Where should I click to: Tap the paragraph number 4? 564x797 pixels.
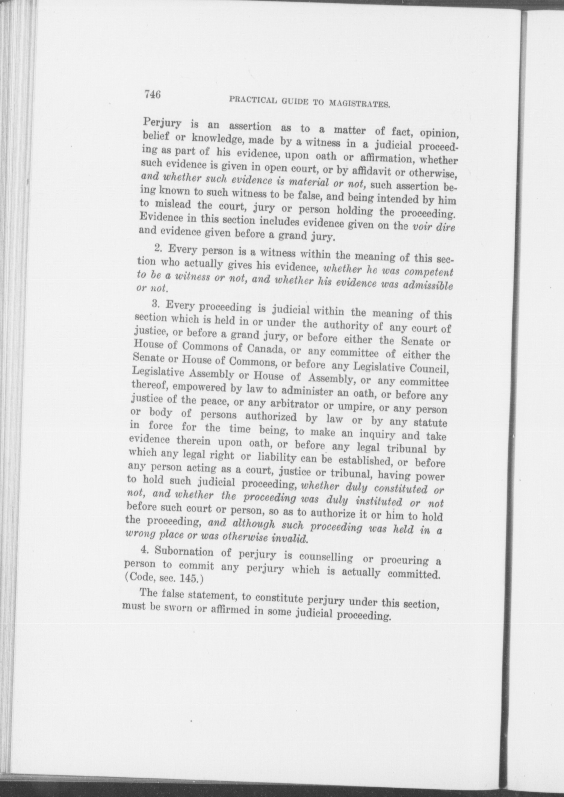[144, 549]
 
